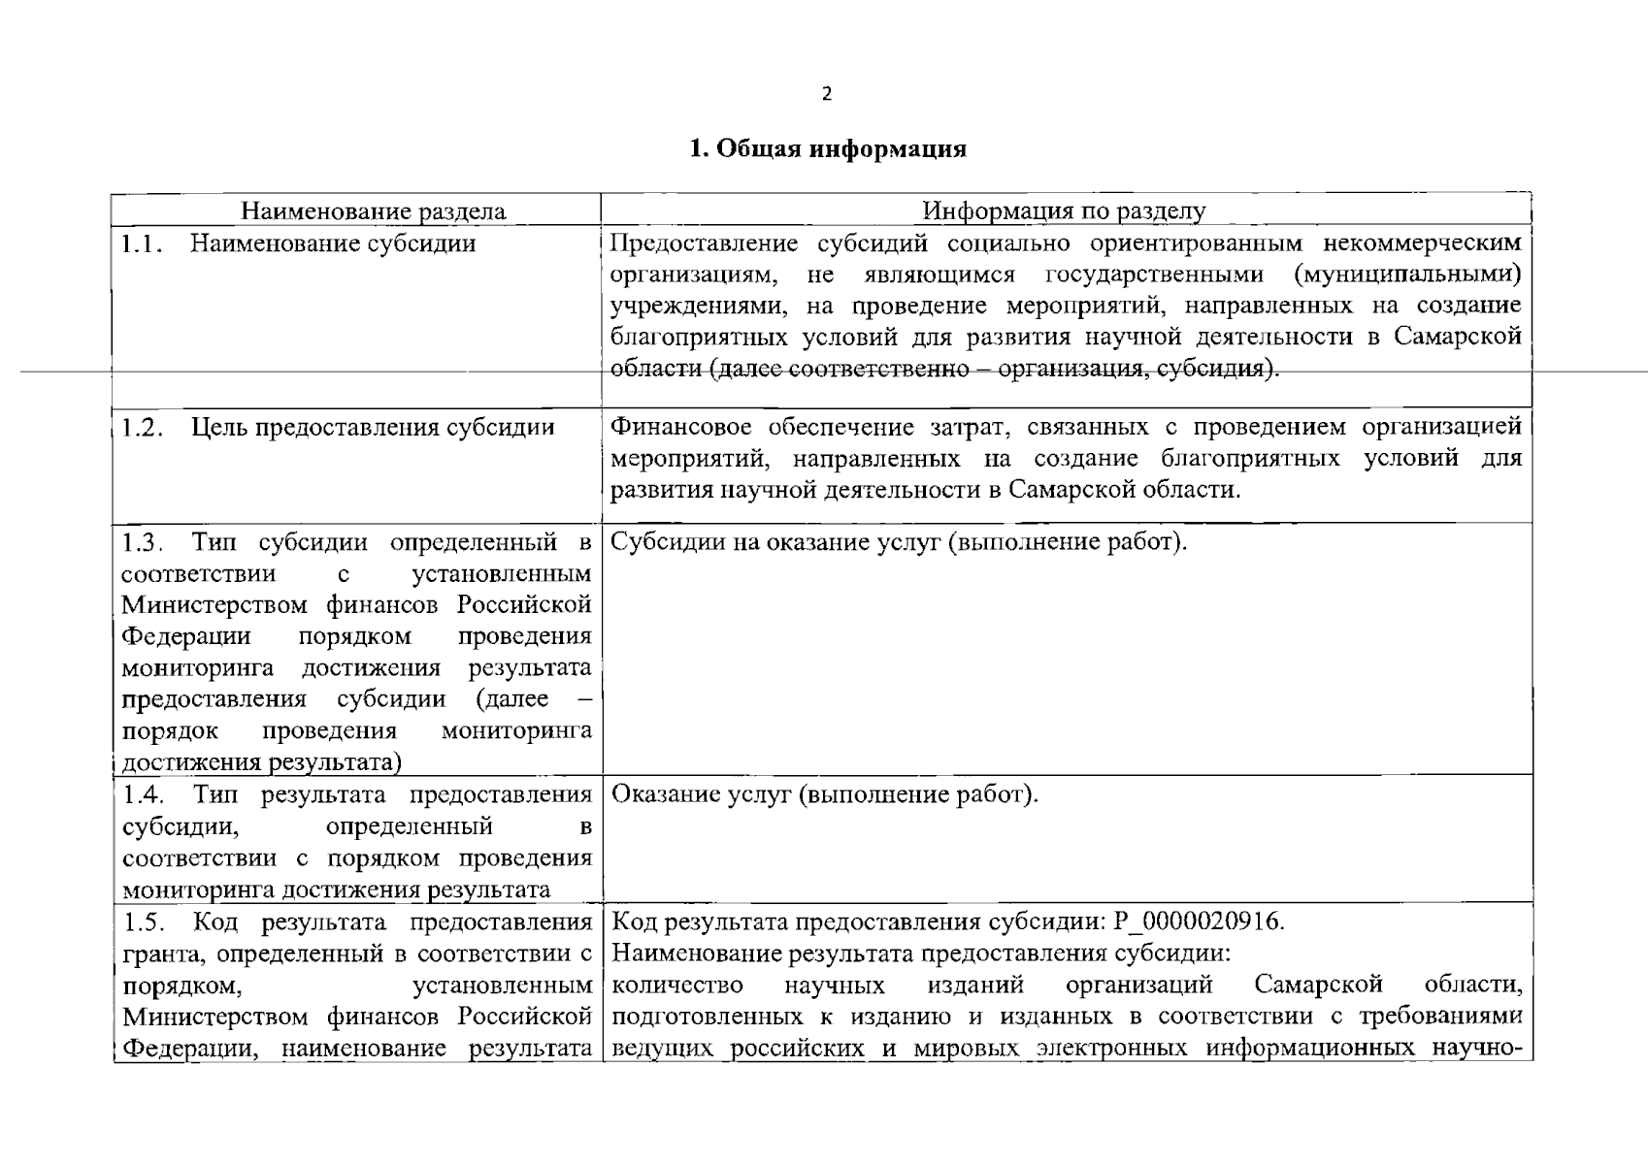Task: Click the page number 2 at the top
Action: pos(826,94)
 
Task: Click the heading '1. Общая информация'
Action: pos(827,149)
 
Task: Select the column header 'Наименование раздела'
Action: pos(373,211)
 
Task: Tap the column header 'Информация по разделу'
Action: pos(1064,211)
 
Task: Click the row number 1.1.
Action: pos(141,243)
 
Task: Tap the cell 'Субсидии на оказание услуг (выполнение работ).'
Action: pos(900,541)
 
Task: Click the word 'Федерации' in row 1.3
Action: pos(185,636)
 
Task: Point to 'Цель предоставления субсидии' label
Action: pos(373,428)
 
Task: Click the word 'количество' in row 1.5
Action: pos(678,986)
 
